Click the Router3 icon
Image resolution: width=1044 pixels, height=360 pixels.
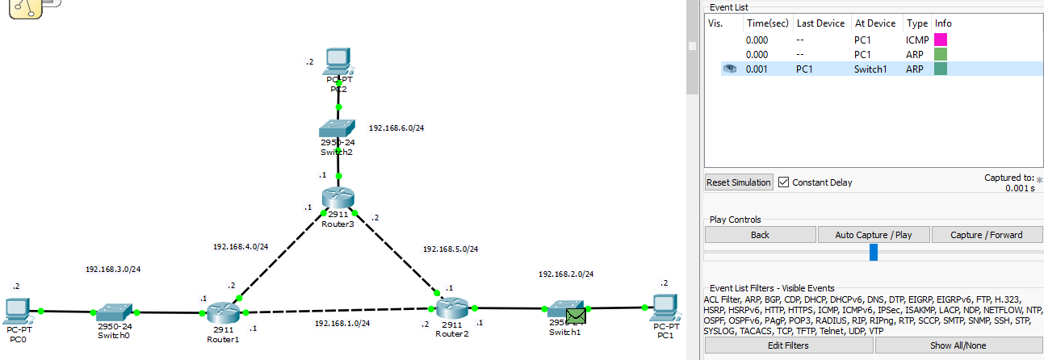click(338, 198)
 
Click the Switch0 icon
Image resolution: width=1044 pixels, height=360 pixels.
click(113, 312)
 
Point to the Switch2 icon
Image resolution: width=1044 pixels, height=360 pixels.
click(338, 130)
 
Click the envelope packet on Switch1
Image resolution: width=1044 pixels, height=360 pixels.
click(577, 315)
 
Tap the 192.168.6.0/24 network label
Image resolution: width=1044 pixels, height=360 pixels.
click(397, 128)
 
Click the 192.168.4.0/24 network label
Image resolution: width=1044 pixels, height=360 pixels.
click(240, 247)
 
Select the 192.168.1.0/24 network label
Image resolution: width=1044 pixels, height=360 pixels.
click(342, 324)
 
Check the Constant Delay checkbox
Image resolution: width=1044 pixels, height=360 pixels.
click(784, 182)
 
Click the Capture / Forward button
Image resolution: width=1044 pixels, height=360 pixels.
click(987, 235)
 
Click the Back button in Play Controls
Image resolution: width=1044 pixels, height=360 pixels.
click(760, 235)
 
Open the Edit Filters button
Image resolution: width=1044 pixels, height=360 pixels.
click(788, 345)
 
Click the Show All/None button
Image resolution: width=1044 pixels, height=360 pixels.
click(958, 345)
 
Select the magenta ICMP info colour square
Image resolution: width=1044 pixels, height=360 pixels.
click(941, 39)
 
